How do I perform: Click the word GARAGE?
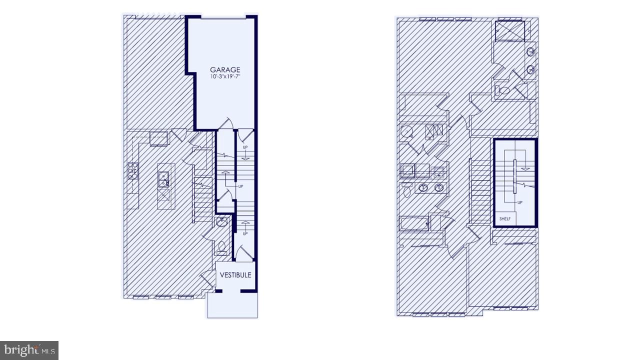[225, 70]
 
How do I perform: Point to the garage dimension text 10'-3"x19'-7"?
[225, 77]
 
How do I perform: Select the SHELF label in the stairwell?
[504, 218]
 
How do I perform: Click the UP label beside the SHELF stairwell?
[520, 202]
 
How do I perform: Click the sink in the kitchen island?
[163, 178]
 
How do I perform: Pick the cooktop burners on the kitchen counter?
[133, 170]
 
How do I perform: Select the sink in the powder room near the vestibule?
[222, 222]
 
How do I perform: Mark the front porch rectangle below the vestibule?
[232, 305]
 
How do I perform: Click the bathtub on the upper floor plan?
[414, 223]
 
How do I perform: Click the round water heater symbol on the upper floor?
[406, 132]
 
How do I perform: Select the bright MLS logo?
[29, 350]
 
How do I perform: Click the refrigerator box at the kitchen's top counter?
[158, 138]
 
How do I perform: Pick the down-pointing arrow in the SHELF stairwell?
[525, 168]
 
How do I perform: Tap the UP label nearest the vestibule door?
[245, 233]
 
